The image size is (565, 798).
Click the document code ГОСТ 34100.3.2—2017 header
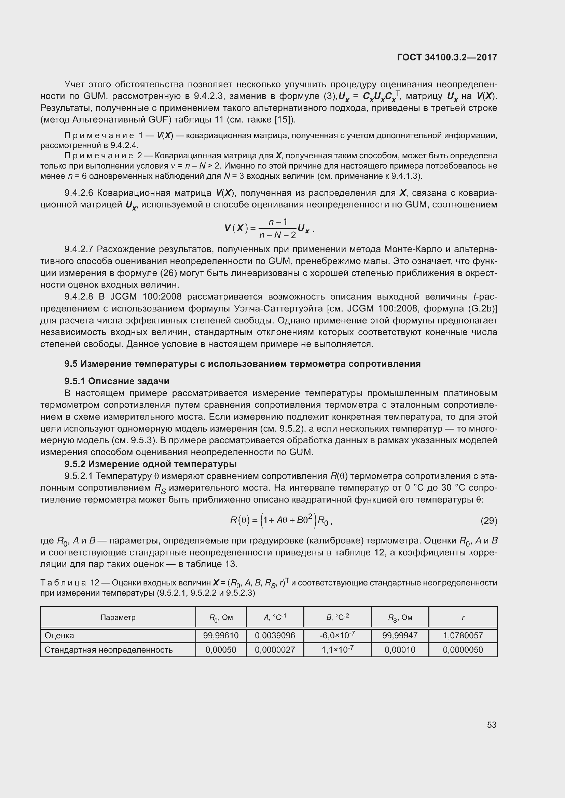tap(447, 57)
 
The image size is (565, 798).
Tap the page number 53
tap(492, 725)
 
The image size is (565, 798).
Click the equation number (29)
tap(489, 521)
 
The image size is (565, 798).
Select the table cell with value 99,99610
tap(221, 636)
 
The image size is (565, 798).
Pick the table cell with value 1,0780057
tap(463, 636)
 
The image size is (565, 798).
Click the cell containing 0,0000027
tap(275, 650)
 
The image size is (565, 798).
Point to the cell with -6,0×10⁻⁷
tap(337, 635)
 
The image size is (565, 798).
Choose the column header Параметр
tap(118, 618)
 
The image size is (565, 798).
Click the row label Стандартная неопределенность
tap(109, 650)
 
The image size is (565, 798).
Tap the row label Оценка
tap(59, 636)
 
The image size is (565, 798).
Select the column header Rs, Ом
tap(400, 618)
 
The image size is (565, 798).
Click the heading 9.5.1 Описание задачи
tap(117, 381)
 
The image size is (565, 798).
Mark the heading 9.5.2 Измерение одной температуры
tap(150, 464)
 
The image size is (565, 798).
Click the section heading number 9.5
tap(71, 364)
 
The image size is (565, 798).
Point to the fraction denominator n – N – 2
tap(278, 235)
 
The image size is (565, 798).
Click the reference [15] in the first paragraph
tap(282, 120)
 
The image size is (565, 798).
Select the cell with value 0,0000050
tap(463, 650)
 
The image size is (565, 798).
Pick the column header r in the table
tap(463, 618)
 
